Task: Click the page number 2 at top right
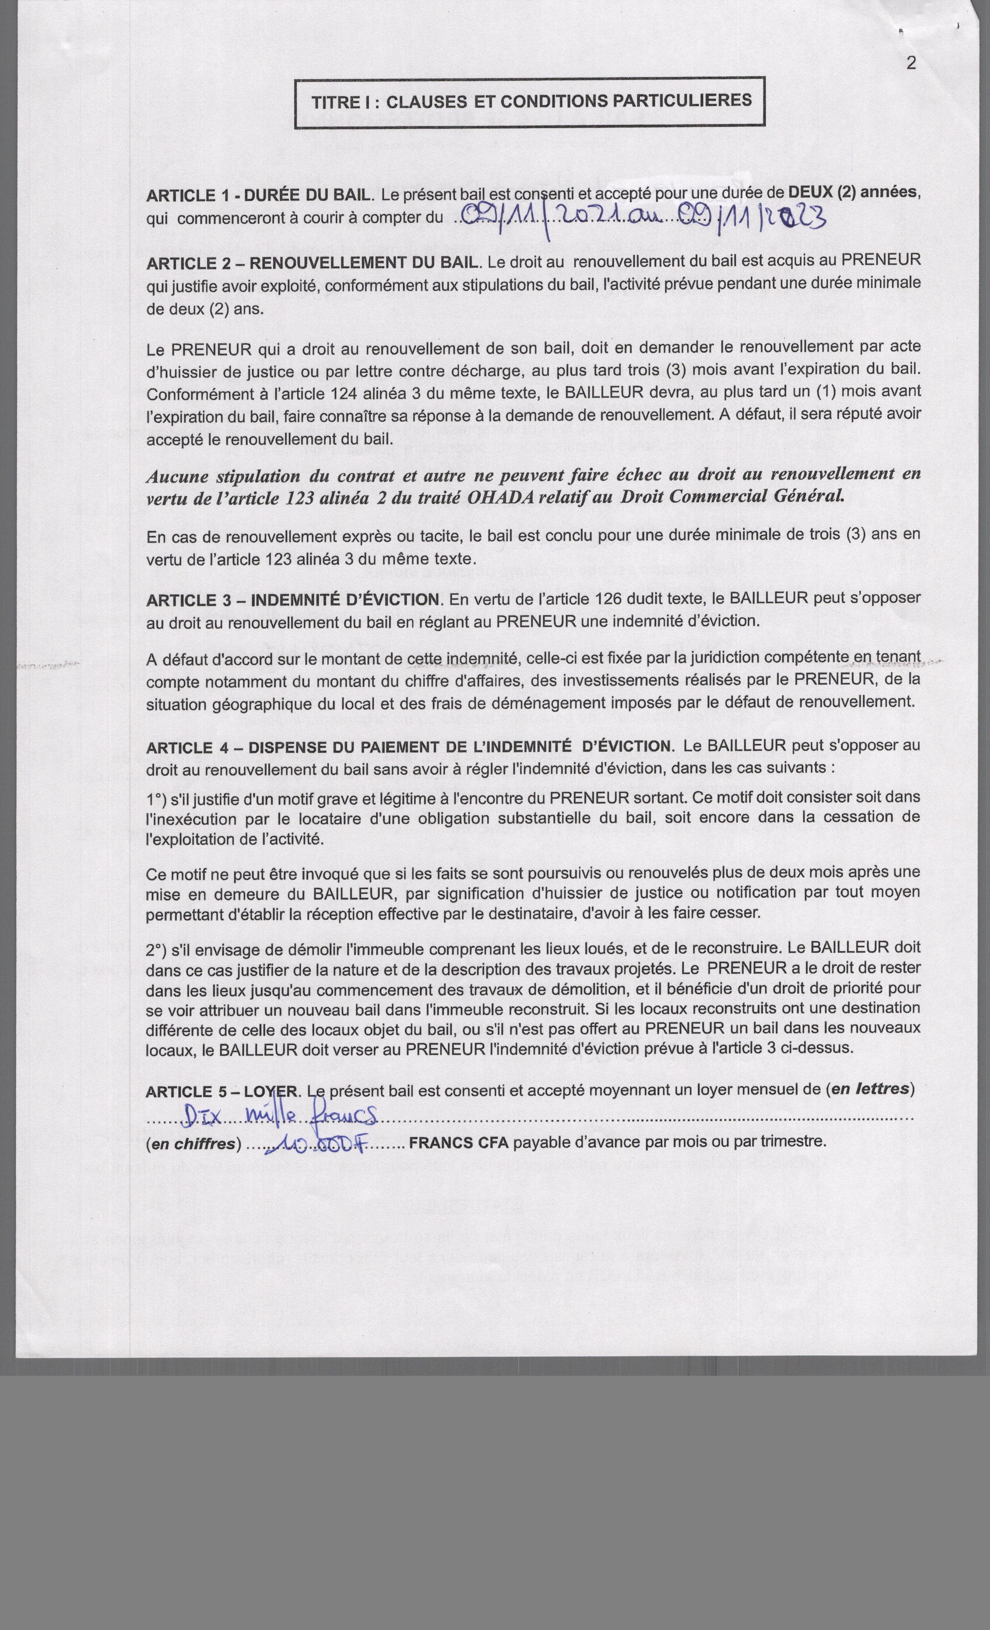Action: tap(911, 64)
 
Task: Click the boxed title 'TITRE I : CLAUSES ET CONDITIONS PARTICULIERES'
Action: tap(531, 102)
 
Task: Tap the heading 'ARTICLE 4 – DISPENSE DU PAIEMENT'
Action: tap(357, 747)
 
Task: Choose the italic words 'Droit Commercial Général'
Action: tap(732, 496)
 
